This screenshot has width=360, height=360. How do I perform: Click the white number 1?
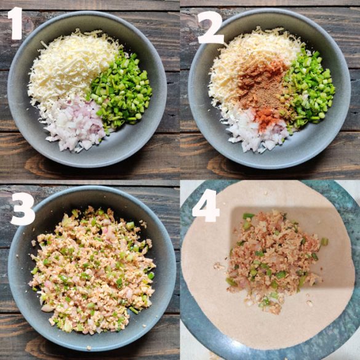click(x=15, y=23)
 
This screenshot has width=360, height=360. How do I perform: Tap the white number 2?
click(x=210, y=27)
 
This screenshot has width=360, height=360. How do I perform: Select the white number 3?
click(x=23, y=209)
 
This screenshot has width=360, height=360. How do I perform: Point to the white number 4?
click(x=206, y=206)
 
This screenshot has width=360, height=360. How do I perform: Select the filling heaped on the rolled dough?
click(x=273, y=260)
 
